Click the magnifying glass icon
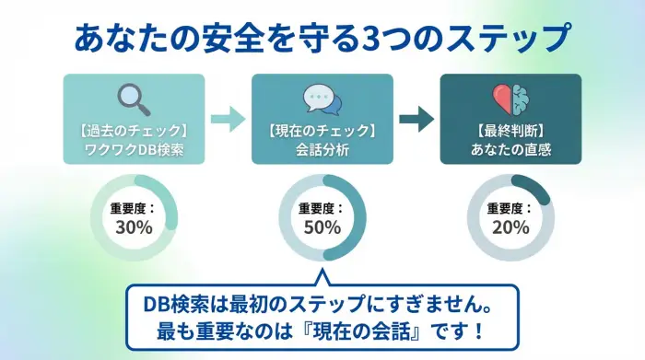pos(134,98)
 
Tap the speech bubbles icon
pos(322,98)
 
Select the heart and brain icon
pos(510,98)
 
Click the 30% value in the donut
pos(135,227)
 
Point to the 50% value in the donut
pos(322,227)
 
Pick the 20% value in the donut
pos(510,227)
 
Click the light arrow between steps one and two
pos(228,119)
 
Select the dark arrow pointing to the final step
pos(416,119)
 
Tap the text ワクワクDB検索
pos(135,146)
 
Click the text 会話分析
pos(322,146)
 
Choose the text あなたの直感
pos(510,146)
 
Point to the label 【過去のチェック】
pos(135,127)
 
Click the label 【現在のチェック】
pos(322,127)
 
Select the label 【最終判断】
pos(510,127)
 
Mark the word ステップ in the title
pos(512,39)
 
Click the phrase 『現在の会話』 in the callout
pos(376,329)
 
